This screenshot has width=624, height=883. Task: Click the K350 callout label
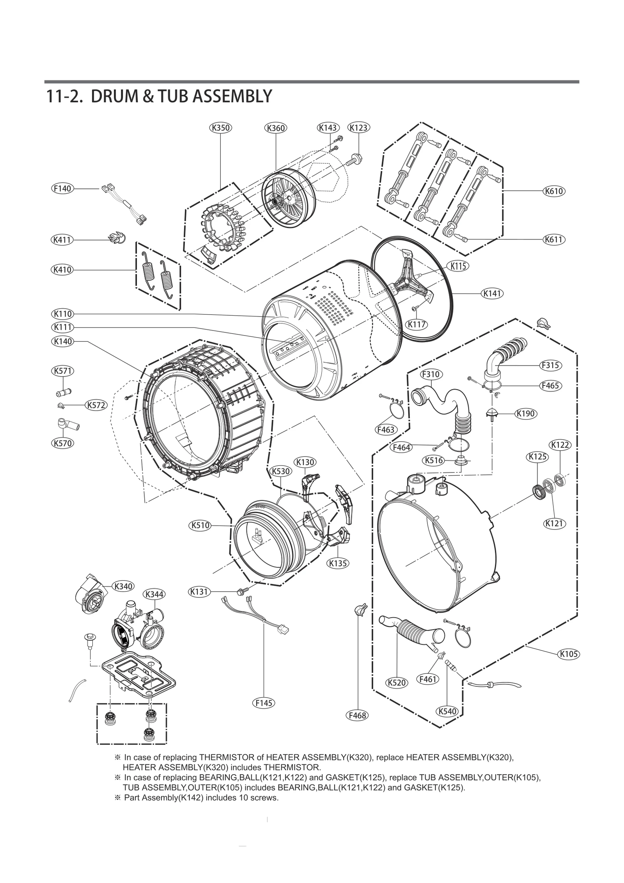coord(220,128)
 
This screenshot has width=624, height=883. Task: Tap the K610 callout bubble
coord(554,191)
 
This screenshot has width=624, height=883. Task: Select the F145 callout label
coord(264,703)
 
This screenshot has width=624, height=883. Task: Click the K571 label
coord(62,371)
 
